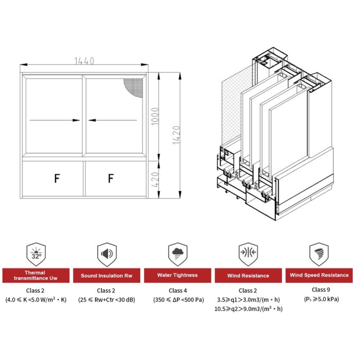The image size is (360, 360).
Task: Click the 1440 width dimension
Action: pos(84,61)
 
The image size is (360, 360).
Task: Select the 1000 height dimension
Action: pos(155,116)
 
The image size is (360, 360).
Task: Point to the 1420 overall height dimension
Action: pos(176,135)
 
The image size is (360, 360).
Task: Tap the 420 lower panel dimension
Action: pos(155,179)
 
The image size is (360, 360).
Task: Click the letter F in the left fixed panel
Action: pos(57,178)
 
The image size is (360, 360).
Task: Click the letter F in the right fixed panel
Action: pos(111,178)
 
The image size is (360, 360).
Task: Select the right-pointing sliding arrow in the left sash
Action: pos(55,120)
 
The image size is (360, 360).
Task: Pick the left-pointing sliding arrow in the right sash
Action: pos(113,120)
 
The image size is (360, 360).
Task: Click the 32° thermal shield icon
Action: pos(36,255)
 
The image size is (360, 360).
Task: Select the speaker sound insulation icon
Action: pos(107,255)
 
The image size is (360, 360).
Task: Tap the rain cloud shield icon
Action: pos(178,255)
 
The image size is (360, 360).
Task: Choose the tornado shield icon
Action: pos(319,255)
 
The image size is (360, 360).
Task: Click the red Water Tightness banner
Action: pos(177,275)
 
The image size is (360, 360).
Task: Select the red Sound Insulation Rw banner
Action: pos(106,276)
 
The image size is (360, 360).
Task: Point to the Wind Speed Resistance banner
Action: pos(319,275)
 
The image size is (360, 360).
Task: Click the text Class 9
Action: pos(321,290)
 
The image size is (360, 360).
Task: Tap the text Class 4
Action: pos(178,291)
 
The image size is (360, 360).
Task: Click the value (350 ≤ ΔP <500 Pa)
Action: pos(178,300)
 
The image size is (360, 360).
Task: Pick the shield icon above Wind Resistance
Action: pos(248,255)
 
